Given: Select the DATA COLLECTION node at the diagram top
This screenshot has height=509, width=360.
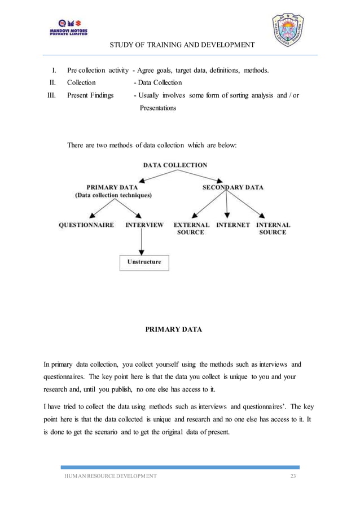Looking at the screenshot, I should [175, 165].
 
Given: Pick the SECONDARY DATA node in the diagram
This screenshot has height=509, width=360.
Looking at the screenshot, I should [232, 187].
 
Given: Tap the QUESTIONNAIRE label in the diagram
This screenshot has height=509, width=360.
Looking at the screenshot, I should [86, 225].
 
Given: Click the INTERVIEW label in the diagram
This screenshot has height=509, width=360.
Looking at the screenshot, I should [144, 225].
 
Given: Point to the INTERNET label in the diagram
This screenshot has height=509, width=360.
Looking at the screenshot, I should [233, 225].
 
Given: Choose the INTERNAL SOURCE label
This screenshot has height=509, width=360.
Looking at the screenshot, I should [273, 228].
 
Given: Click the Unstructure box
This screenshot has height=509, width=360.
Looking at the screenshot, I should [144, 262].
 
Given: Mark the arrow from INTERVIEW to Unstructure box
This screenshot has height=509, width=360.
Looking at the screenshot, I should [141, 242].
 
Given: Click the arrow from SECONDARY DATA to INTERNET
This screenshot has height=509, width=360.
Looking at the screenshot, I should [227, 205].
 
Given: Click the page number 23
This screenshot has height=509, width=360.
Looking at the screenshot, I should [292, 477].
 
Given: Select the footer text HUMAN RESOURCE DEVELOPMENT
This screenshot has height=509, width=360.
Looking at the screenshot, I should [109, 477].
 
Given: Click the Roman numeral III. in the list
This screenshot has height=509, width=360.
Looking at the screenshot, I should [51, 95].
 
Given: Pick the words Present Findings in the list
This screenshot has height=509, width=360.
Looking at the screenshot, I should [90, 95].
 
